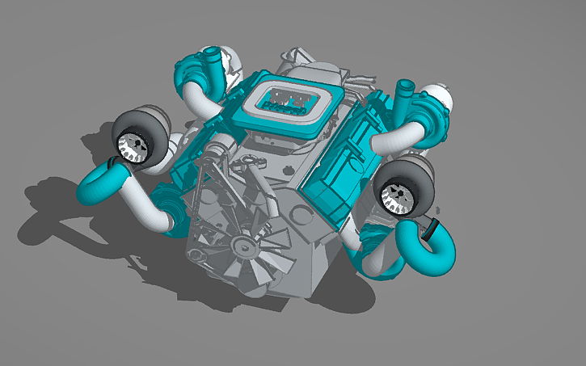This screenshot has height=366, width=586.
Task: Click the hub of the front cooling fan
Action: [x=242, y=243]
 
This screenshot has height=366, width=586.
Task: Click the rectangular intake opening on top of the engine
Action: [x=288, y=99]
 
